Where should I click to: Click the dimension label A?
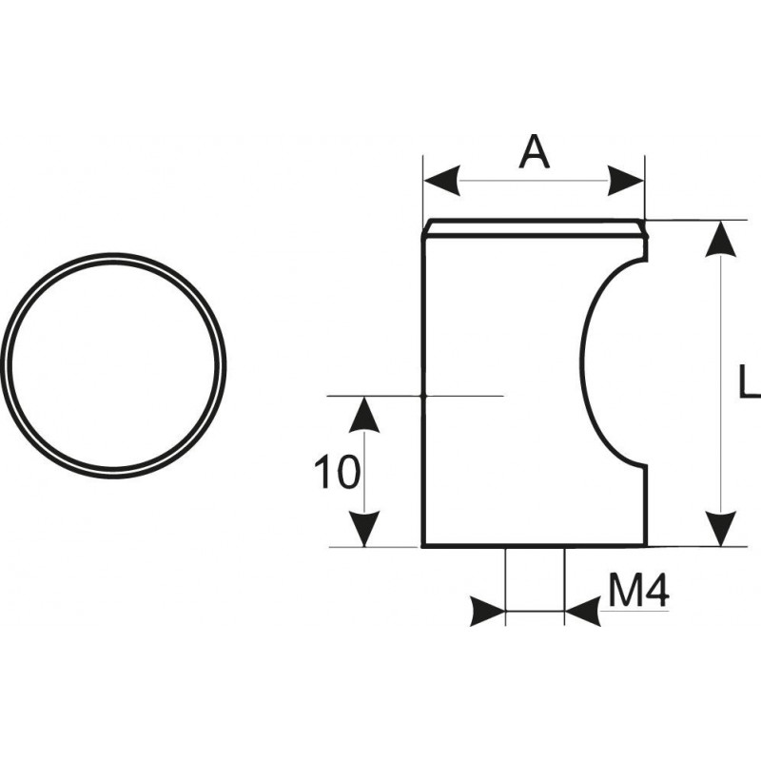535,152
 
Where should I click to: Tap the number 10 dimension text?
338,472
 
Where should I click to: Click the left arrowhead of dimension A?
441,181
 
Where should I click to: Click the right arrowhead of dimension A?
626,181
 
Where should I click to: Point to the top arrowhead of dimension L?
721,239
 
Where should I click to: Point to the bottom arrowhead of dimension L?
721,529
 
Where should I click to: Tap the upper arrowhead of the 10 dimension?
364,414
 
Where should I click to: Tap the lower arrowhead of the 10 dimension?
364,529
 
